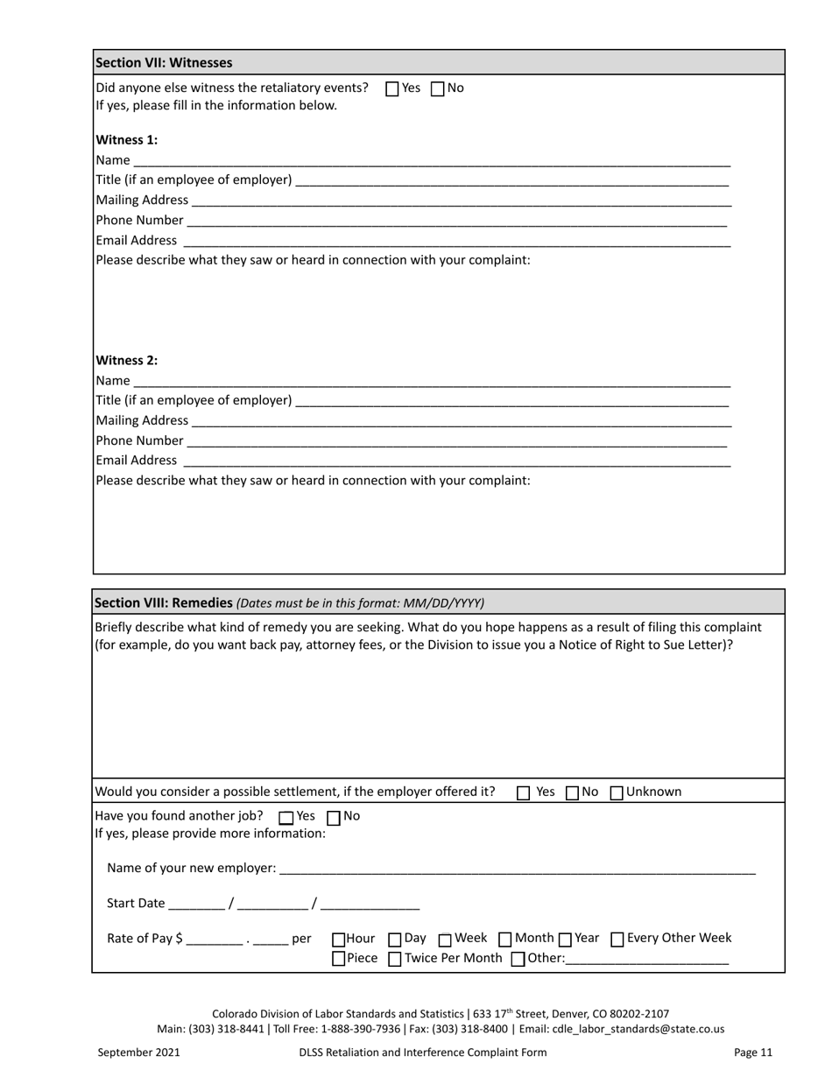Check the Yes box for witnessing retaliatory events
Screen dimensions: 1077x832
pyautogui.click(x=392, y=88)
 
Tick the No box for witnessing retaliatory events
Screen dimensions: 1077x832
pyautogui.click(x=438, y=88)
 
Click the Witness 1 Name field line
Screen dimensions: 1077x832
pyautogui.click(x=431, y=161)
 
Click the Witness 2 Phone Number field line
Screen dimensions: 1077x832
pyautogui.click(x=456, y=442)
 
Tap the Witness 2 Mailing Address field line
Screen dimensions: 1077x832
pyautogui.click(x=461, y=422)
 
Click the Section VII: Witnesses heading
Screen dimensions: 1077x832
pyautogui.click(x=164, y=63)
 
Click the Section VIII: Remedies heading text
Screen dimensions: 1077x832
pyautogui.click(x=164, y=603)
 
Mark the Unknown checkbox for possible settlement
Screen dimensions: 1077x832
pyautogui.click(x=617, y=793)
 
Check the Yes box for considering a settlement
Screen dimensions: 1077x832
pyautogui.click(x=524, y=793)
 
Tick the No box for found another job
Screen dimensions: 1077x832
pyautogui.click(x=334, y=818)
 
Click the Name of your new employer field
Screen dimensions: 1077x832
pyautogui.click(x=517, y=869)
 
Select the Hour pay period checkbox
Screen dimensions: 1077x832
pyautogui.click(x=339, y=940)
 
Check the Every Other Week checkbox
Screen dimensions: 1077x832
pyautogui.click(x=617, y=940)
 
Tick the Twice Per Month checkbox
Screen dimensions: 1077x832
pyautogui.click(x=395, y=959)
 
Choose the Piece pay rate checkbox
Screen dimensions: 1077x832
pyautogui.click(x=339, y=959)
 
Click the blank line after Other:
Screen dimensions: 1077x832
pyautogui.click(x=647, y=960)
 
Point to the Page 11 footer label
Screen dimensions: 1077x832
pyautogui.click(x=753, y=1052)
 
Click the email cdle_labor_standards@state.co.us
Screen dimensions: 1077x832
pyautogui.click(x=646, y=1029)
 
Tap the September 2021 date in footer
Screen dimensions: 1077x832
pyautogui.click(x=138, y=1052)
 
